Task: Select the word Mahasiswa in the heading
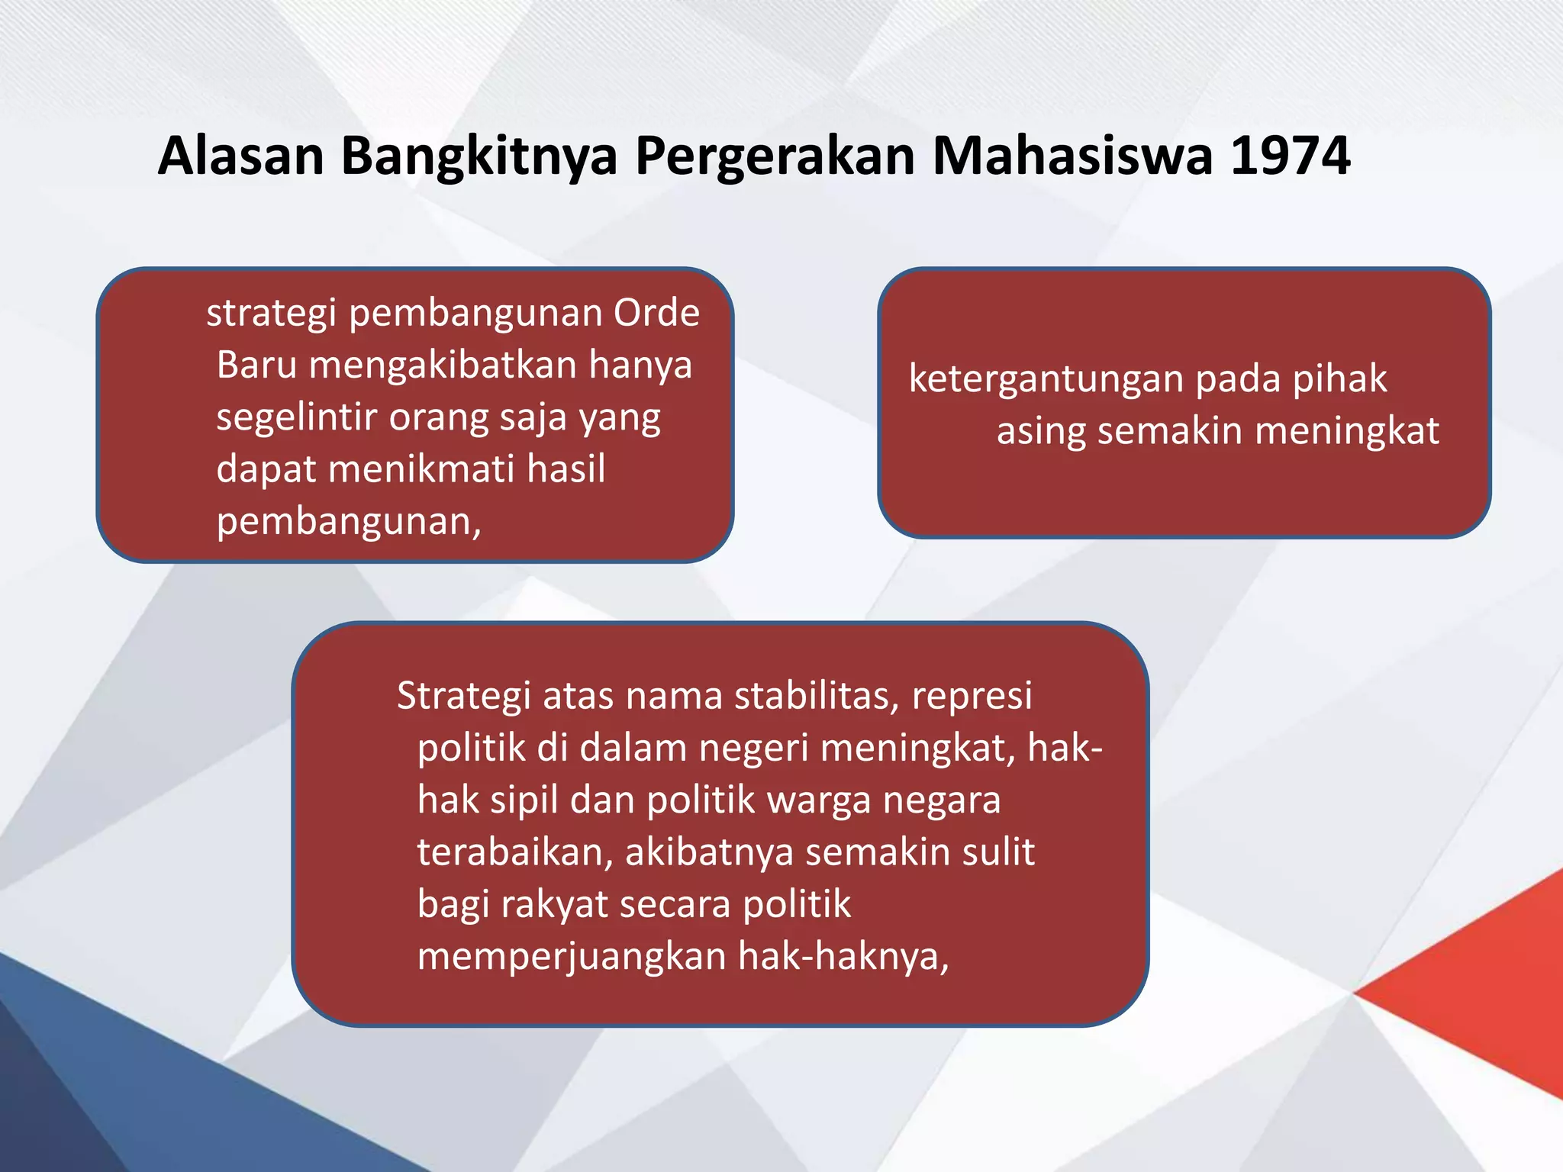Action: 1072,156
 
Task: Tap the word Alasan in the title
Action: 241,156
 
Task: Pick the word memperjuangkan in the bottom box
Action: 570,957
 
